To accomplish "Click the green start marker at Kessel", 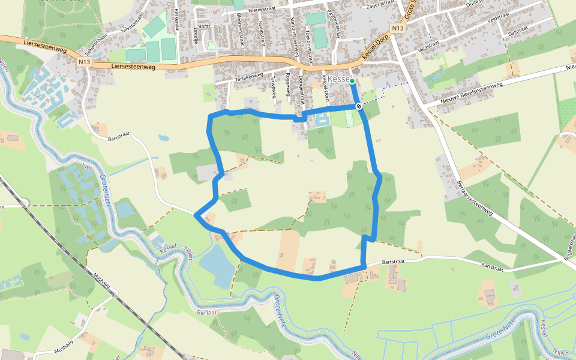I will click(352, 81).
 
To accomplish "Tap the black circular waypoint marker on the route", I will click(359, 106).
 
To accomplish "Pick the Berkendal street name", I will click(176, 21).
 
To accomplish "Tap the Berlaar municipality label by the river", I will click(206, 312).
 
